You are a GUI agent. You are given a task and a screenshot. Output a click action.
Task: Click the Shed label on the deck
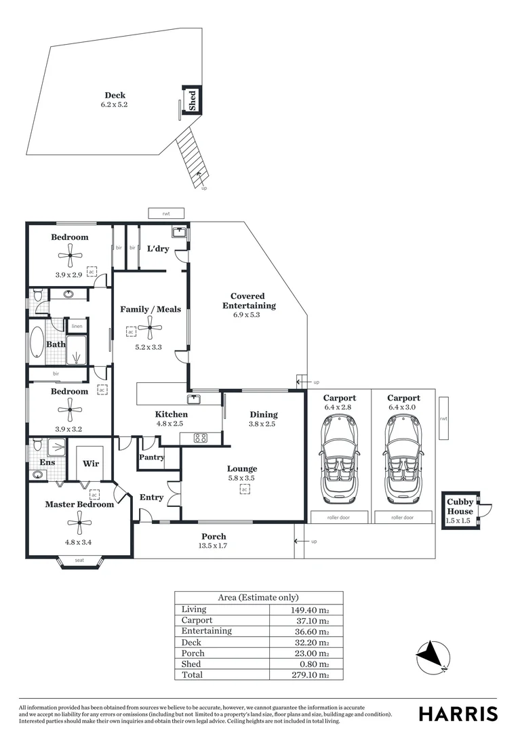point(193,100)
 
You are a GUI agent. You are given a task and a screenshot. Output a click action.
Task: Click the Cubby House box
point(460,510)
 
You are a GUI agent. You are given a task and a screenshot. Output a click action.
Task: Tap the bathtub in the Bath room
point(36,345)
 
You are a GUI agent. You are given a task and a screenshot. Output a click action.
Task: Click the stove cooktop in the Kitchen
point(201,438)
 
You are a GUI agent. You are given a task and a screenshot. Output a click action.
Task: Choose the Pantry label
point(151,457)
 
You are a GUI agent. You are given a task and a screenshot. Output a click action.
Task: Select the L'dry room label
point(158,249)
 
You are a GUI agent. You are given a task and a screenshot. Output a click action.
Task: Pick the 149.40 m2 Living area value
point(309,610)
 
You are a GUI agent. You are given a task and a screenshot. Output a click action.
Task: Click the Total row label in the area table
point(193,675)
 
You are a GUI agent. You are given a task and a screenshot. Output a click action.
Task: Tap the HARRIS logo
point(458,714)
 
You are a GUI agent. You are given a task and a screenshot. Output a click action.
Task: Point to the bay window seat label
point(80,561)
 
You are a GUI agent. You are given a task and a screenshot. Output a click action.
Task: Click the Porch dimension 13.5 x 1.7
point(214,546)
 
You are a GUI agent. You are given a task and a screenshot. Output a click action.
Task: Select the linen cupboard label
point(77,327)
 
